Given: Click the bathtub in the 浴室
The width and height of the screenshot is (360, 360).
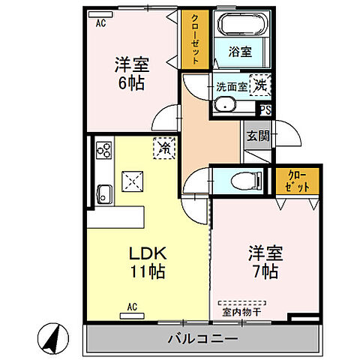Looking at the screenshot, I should pyautogui.click(x=241, y=27).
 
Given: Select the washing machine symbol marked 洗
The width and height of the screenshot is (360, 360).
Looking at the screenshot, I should pyautogui.click(x=259, y=86).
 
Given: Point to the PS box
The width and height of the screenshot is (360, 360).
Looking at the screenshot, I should pyautogui.click(x=265, y=110).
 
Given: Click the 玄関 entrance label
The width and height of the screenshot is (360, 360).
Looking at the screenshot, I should pyautogui.click(x=257, y=136).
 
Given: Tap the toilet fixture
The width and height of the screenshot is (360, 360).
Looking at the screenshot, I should pyautogui.click(x=241, y=180).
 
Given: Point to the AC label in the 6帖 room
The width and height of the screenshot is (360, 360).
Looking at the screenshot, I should pyautogui.click(x=100, y=23).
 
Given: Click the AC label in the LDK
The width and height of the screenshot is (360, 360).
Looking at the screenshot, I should pyautogui.click(x=133, y=306).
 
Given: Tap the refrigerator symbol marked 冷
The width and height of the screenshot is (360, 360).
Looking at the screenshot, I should pyautogui.click(x=162, y=148).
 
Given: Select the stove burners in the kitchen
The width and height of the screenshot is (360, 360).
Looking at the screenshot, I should pyautogui.click(x=103, y=151).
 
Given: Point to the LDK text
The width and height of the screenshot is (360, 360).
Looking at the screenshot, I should pyautogui.click(x=144, y=253).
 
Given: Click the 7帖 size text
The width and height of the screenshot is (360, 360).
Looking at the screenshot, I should pyautogui.click(x=265, y=271).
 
